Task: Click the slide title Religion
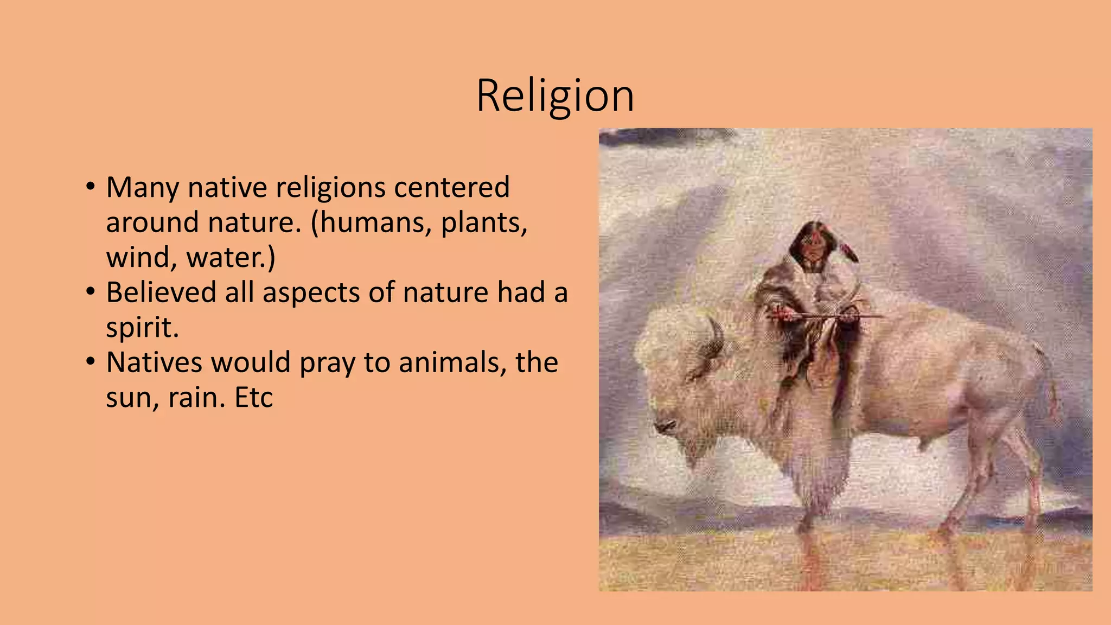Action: click(555, 96)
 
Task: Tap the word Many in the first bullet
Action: click(142, 188)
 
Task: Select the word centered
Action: click(452, 188)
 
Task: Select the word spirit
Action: click(142, 328)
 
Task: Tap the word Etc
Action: click(253, 398)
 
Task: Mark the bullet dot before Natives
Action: click(91, 361)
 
